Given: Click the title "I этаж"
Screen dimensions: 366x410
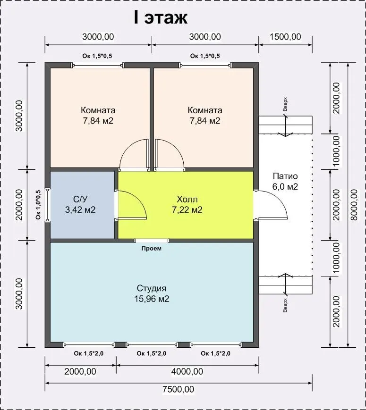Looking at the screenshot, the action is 161,17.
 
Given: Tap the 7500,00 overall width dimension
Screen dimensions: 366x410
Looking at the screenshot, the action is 179,389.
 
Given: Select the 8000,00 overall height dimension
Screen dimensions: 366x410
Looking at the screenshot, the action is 354,205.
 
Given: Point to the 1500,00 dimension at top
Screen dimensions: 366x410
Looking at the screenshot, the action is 285,37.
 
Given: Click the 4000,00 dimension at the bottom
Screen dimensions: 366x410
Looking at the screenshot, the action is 187,371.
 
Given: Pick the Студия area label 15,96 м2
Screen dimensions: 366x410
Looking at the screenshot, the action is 152,299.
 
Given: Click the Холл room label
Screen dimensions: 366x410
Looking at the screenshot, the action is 187,199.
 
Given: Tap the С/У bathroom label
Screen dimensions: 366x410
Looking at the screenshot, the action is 80,199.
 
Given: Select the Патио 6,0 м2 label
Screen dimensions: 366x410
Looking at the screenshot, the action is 285,181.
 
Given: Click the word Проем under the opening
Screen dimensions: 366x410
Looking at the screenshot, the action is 152,248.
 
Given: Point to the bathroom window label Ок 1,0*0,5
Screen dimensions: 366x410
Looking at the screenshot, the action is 38,204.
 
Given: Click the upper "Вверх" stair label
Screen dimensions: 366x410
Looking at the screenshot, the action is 285,104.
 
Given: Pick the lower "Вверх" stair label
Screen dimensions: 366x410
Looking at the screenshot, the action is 285,305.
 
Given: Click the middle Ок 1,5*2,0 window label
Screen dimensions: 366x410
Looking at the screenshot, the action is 151,353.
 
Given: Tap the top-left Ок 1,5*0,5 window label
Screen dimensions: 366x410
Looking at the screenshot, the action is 97,56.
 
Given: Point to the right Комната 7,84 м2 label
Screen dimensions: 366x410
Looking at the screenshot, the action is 205,116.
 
